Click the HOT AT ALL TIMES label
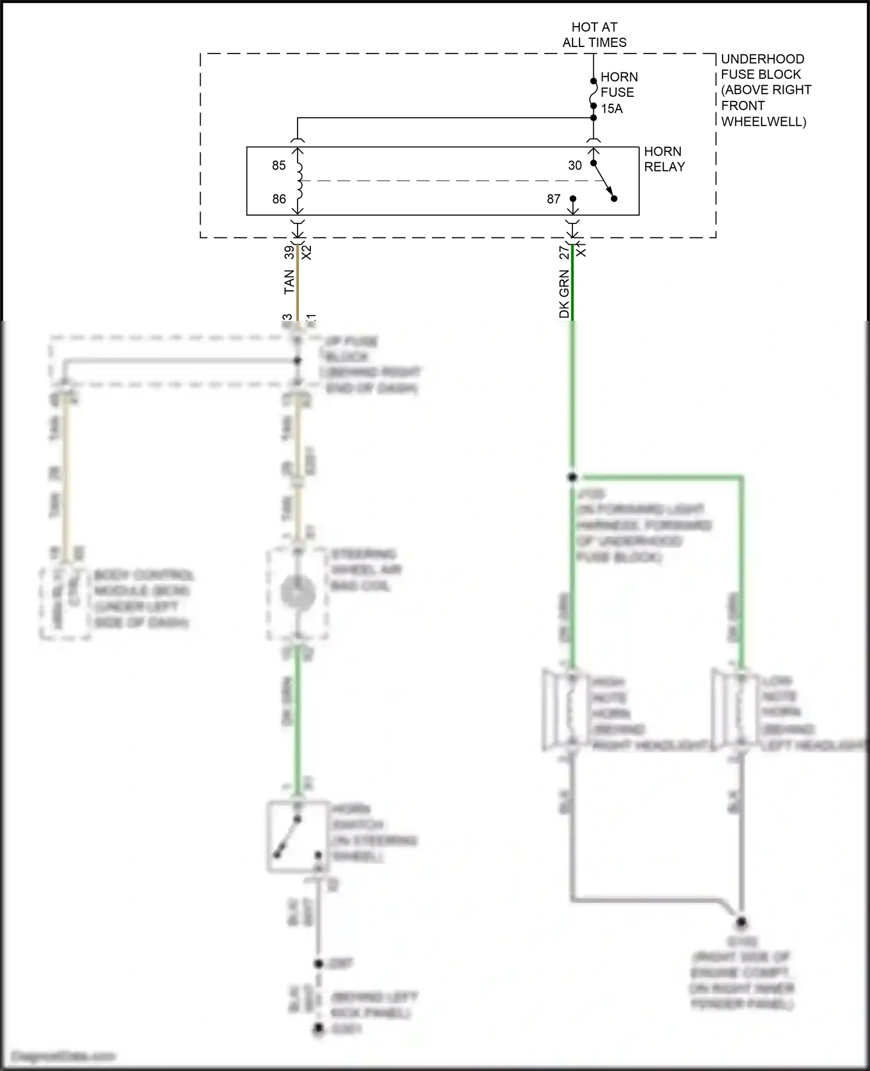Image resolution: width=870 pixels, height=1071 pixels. (594, 35)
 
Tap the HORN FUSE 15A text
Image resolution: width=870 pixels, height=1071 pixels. (618, 93)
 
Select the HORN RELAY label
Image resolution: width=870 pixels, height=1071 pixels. (664, 159)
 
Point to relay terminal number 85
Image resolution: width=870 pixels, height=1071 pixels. (279, 165)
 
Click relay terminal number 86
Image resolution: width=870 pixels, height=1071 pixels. (279, 199)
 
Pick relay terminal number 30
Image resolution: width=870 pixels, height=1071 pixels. (575, 165)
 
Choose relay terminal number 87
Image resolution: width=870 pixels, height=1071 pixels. (554, 199)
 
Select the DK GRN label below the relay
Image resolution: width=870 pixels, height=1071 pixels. (564, 294)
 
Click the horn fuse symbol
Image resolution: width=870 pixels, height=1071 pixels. (593, 93)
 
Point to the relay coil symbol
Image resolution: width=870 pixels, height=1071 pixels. (299, 180)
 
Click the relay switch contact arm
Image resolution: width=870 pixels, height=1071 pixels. (603, 180)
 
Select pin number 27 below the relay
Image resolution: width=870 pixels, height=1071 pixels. (564, 252)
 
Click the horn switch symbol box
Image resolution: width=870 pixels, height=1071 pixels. (296, 836)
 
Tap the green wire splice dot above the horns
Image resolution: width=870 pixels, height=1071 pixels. (572, 477)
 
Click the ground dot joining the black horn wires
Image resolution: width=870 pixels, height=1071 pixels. (741, 922)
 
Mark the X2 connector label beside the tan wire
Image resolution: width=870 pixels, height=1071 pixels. (307, 252)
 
